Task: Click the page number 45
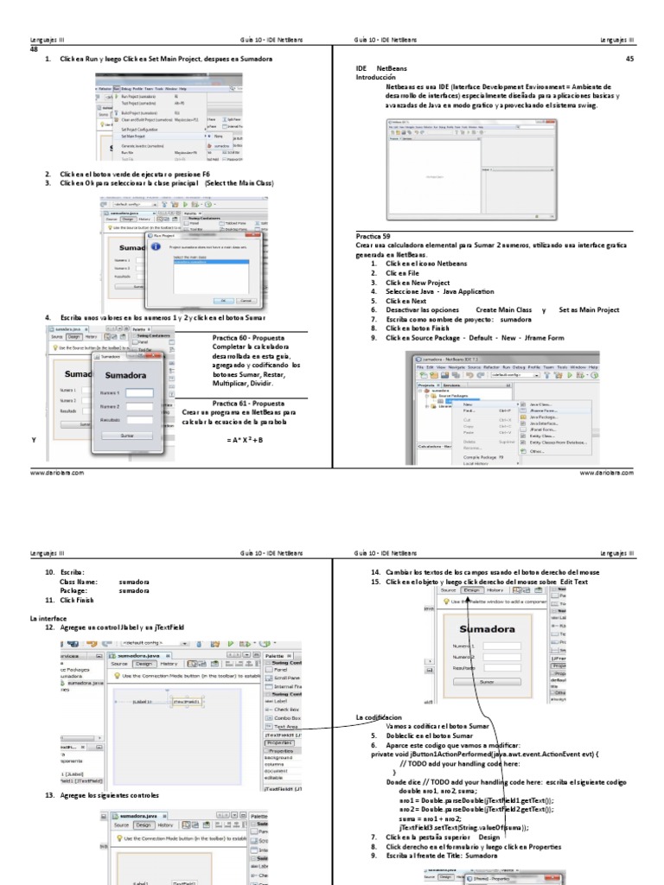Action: point(629,58)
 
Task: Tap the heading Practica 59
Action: point(373,236)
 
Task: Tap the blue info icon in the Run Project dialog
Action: point(156,248)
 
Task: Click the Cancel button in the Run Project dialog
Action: point(246,300)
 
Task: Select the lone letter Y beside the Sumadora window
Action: point(34,440)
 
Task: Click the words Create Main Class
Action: point(503,309)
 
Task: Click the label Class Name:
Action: point(79,583)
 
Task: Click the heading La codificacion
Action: point(379,718)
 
